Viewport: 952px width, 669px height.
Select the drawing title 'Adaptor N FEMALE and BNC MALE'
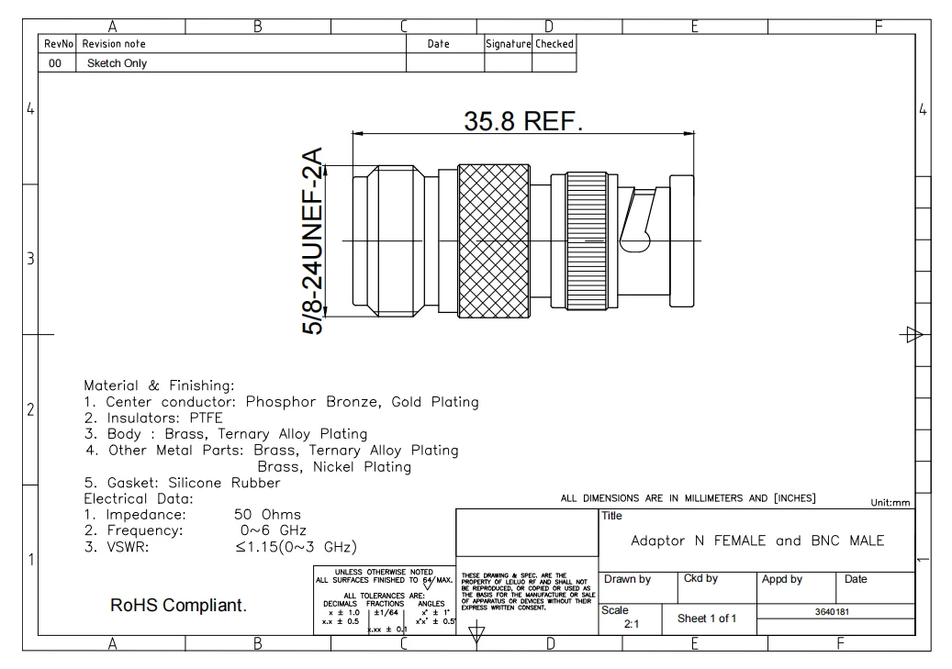757,541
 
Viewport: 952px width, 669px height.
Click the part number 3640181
834,611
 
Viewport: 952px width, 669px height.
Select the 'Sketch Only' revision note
117,63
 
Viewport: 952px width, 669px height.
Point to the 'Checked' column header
554,43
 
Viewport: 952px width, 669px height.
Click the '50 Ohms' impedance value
268,514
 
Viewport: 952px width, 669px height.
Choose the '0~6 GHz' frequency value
271,530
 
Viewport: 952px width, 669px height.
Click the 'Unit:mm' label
889,502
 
